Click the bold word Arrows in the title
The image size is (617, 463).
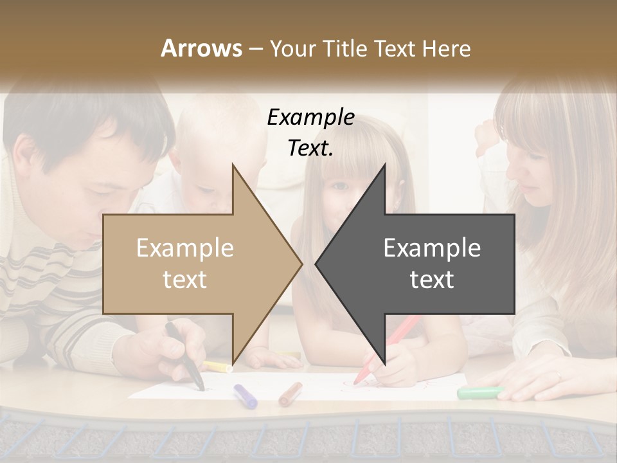pyautogui.click(x=201, y=48)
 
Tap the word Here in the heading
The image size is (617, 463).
pyautogui.click(x=446, y=48)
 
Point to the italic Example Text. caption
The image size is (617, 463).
pyautogui.click(x=311, y=132)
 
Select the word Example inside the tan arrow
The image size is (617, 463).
pyautogui.click(x=185, y=248)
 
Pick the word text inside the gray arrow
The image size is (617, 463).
pyautogui.click(x=432, y=279)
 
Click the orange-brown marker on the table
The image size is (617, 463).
pyautogui.click(x=291, y=394)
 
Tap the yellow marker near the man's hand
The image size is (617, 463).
pyautogui.click(x=219, y=367)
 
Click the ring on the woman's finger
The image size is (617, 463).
pyautogui.click(x=558, y=376)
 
